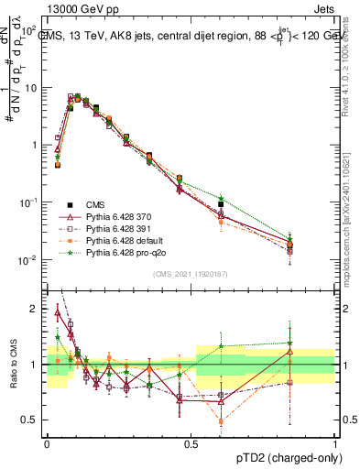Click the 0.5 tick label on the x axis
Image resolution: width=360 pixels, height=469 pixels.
pos(191,443)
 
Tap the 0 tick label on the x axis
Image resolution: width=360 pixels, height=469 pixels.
pos(47,443)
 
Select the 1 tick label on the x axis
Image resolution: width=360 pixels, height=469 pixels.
pos(336,443)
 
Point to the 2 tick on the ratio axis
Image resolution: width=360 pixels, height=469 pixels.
pos(36,309)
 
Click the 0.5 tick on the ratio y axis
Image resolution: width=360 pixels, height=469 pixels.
pos(32,420)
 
